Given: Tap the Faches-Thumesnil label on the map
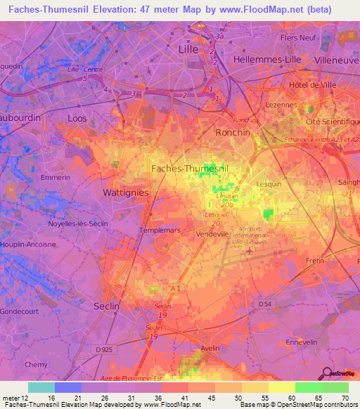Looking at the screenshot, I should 190,168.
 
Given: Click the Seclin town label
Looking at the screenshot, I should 107,306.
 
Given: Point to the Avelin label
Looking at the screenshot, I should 210,347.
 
